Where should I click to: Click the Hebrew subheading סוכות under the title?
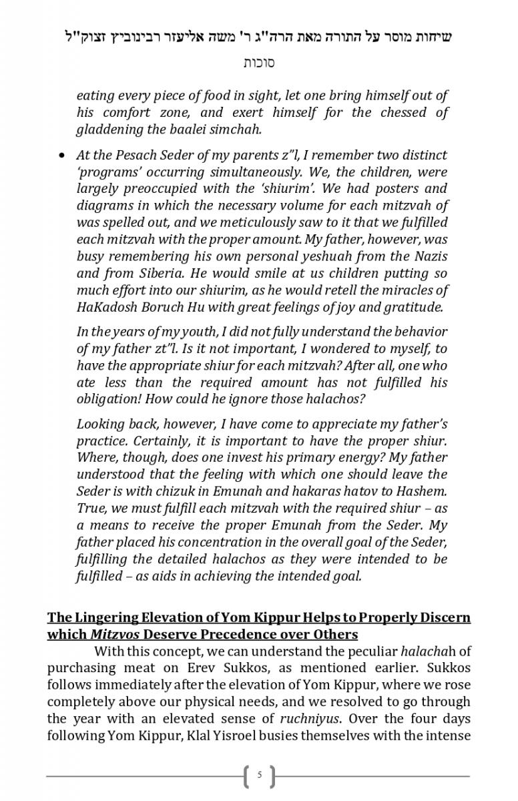point(259,63)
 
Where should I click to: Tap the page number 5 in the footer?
point(260,776)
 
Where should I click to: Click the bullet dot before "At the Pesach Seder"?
point(62,155)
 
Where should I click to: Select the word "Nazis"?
point(430,256)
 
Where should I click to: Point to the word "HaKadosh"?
point(104,307)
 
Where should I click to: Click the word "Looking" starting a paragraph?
point(99,423)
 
